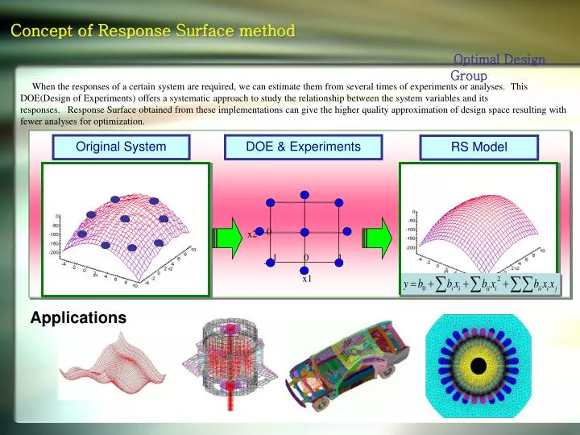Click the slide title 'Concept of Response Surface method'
pos(153,31)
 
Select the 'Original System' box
pos(121,147)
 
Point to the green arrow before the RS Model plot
pos(378,235)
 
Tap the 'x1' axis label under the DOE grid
pos(307,279)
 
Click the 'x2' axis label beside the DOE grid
pos(252,234)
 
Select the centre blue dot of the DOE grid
pos(304,233)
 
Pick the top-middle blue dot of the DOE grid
pos(304,194)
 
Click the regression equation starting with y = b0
pos(478,284)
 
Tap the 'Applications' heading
pos(78,318)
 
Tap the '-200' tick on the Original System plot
pos(53,252)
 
